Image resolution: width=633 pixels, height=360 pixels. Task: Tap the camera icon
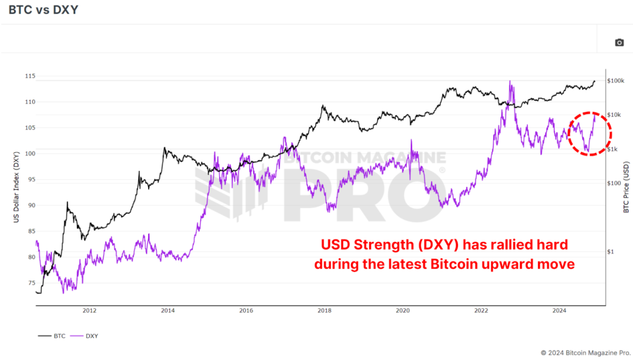point(619,42)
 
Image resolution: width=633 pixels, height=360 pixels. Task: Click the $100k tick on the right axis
point(616,81)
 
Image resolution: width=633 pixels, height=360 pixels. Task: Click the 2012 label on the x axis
point(90,310)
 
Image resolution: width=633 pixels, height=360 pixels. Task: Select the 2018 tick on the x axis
point(324,310)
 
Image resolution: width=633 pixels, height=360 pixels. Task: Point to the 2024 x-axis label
point(559,310)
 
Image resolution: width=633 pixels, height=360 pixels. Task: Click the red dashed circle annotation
point(590,133)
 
